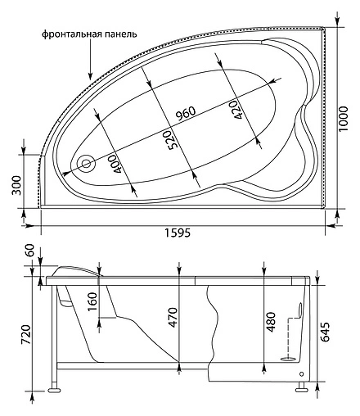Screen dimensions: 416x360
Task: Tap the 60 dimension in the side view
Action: [31, 252]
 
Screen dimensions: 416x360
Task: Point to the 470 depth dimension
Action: [173, 316]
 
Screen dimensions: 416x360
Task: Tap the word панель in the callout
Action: [119, 34]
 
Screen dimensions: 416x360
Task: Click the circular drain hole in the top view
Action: [86, 163]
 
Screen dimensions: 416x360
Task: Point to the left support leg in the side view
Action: [55, 379]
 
